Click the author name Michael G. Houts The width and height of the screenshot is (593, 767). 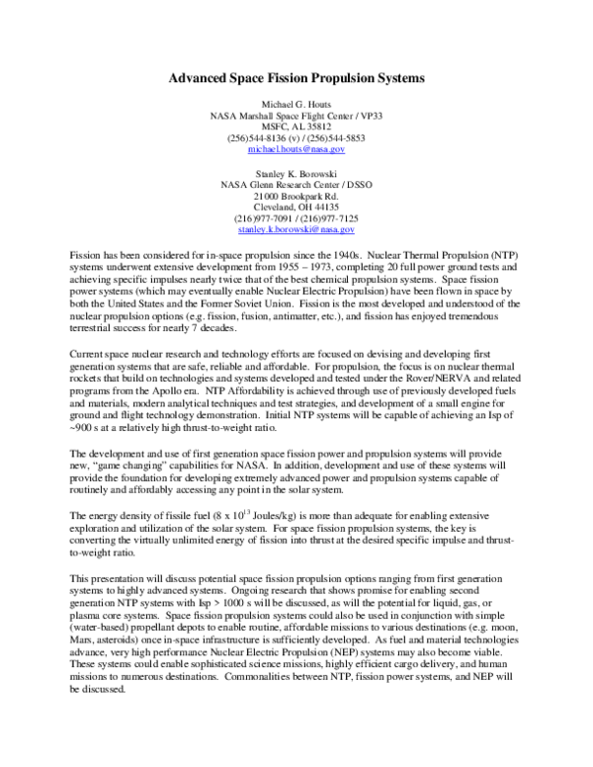(x=296, y=103)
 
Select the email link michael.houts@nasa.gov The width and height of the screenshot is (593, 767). (x=296, y=148)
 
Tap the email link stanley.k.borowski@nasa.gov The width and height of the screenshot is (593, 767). (x=296, y=229)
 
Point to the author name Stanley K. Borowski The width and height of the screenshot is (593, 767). (x=296, y=172)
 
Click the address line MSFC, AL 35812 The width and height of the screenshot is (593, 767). (x=296, y=126)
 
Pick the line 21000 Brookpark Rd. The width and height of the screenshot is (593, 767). (x=296, y=195)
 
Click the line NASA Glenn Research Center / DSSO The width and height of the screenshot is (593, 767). (x=296, y=183)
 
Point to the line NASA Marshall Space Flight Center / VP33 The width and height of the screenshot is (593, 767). (x=296, y=115)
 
